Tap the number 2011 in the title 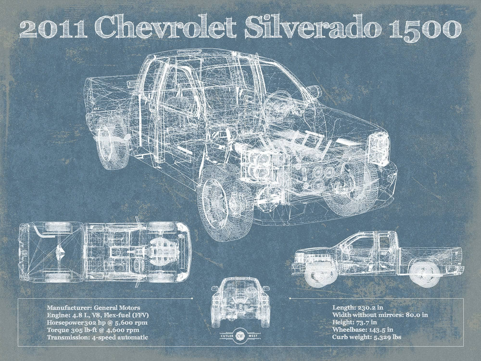(53, 30)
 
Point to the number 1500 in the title (418, 30)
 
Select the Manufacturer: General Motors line (93, 307)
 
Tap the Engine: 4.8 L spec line (98, 315)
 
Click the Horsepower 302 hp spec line (97, 322)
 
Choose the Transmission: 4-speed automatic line (97, 337)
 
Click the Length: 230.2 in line (358, 307)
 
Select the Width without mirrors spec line (380, 315)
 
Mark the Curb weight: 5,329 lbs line (367, 337)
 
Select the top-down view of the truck (105, 252)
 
